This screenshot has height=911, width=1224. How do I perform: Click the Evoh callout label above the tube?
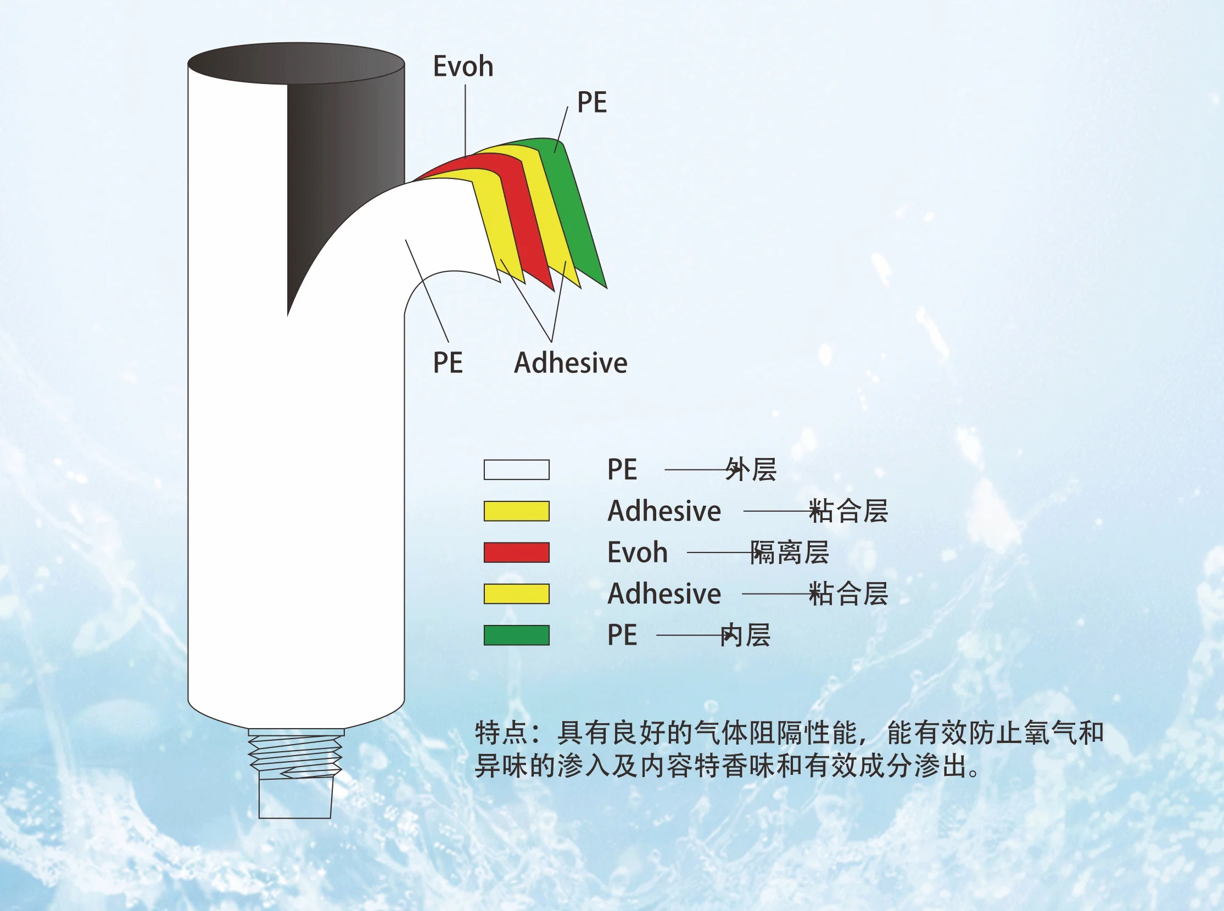coord(462,67)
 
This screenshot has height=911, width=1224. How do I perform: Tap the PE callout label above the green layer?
coord(591,103)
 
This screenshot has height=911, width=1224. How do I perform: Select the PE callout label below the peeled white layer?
coord(448,363)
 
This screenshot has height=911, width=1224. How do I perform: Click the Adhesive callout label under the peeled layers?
coord(570,363)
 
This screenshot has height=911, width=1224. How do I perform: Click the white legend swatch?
coord(516,470)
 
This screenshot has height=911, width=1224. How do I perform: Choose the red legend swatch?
coord(516,552)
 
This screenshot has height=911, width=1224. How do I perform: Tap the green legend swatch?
coord(516,635)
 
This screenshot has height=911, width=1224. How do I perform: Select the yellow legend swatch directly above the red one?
coord(516,511)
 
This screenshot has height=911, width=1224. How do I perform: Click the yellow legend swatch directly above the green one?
coord(516,594)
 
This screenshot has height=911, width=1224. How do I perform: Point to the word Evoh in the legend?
coord(637,552)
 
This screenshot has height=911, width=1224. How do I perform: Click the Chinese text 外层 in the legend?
coord(751,470)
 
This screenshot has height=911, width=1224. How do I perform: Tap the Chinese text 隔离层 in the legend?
coord(790,552)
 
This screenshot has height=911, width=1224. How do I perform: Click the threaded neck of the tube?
coord(295,753)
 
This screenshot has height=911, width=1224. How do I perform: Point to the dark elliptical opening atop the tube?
coord(296,64)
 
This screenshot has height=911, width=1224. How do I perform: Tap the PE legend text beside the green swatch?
coord(622,635)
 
